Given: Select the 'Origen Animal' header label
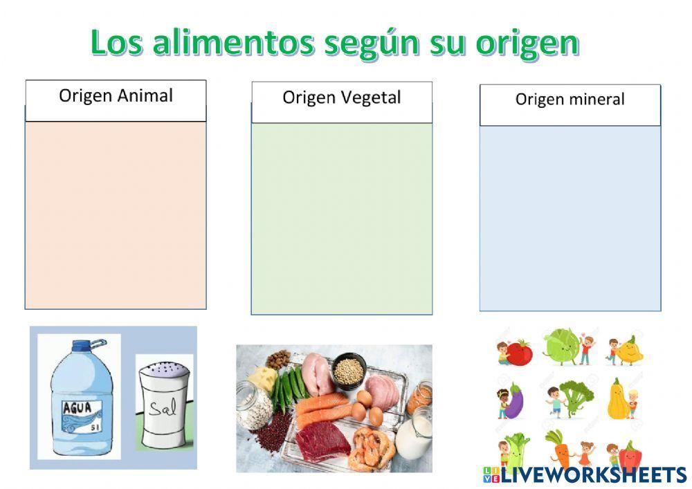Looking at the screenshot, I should [116, 95].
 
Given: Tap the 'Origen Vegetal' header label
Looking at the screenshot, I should [341, 98].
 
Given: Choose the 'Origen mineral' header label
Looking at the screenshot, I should [570, 100].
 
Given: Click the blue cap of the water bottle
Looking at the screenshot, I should [84, 344].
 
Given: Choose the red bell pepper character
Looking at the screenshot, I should [629, 456].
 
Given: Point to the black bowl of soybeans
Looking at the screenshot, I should [348, 371].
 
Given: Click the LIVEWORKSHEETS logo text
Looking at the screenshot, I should [592, 474].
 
